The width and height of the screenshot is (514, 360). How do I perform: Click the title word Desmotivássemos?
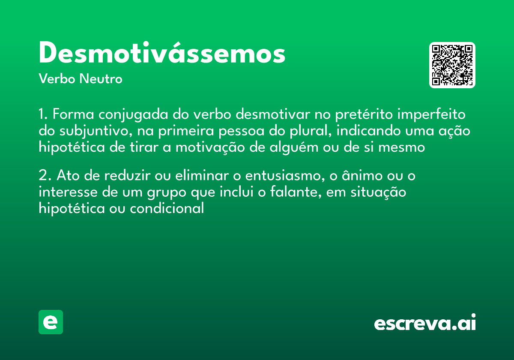pos(162,54)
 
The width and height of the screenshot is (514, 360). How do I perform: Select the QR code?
pos(452,65)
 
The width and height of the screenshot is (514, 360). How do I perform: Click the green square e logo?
pos(51,322)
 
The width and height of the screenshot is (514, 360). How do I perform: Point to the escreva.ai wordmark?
pos(425,323)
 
